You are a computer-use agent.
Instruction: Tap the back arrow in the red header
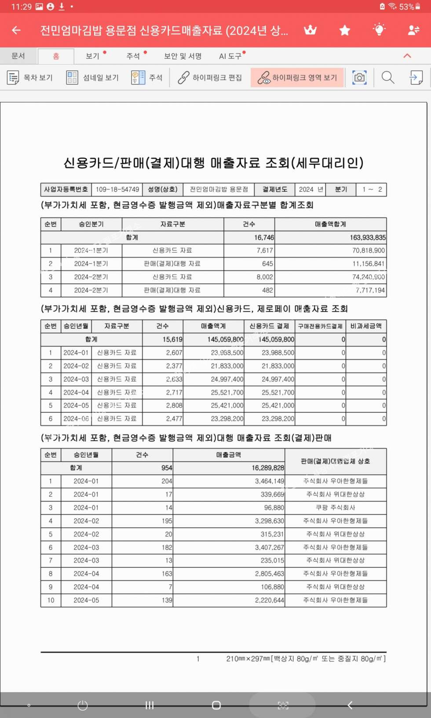(17, 30)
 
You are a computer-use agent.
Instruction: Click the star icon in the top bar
(345, 30)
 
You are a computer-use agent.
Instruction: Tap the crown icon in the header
(310, 30)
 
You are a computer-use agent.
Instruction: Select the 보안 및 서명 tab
(183, 56)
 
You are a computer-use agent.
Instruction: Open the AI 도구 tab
(230, 56)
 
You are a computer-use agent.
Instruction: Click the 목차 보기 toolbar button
(30, 78)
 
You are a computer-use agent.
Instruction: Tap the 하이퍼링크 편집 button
(210, 78)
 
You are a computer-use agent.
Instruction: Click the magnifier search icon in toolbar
(387, 78)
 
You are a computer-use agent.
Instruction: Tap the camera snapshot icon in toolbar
(359, 78)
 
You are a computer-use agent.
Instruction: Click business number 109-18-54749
(117, 190)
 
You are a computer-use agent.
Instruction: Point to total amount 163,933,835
(368, 237)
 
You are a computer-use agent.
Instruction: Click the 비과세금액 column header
(366, 326)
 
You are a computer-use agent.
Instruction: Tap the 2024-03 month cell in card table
(76, 379)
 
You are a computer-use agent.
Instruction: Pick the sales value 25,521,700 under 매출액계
(227, 392)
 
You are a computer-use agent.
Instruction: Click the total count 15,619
(172, 339)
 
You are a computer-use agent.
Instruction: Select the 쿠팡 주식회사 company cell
(336, 507)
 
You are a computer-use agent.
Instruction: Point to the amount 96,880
(274, 507)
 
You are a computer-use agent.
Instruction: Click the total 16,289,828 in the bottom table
(268, 468)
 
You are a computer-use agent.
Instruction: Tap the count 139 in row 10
(167, 600)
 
